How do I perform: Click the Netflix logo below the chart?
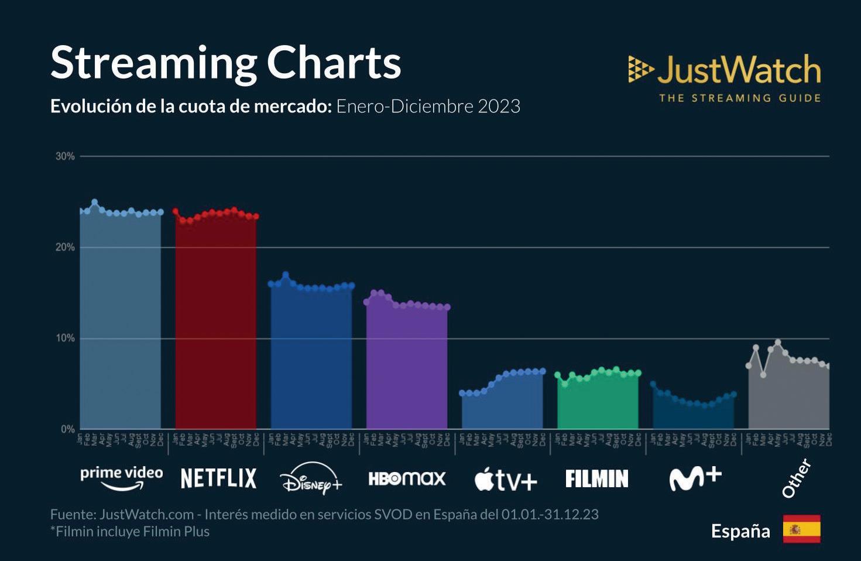218,478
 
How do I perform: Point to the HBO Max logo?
407,478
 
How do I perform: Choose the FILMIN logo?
596,478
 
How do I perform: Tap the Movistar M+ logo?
695,478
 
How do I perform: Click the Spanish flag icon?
801,529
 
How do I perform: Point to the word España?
740,531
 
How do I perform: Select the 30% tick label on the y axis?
65,156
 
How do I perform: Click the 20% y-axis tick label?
65,247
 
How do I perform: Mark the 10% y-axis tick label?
65,338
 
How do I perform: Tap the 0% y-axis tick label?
68,429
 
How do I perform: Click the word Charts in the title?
334,62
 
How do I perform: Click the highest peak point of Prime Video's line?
94,202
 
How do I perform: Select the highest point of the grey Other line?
777,343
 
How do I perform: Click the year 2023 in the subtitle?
499,106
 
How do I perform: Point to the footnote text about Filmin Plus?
130,531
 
